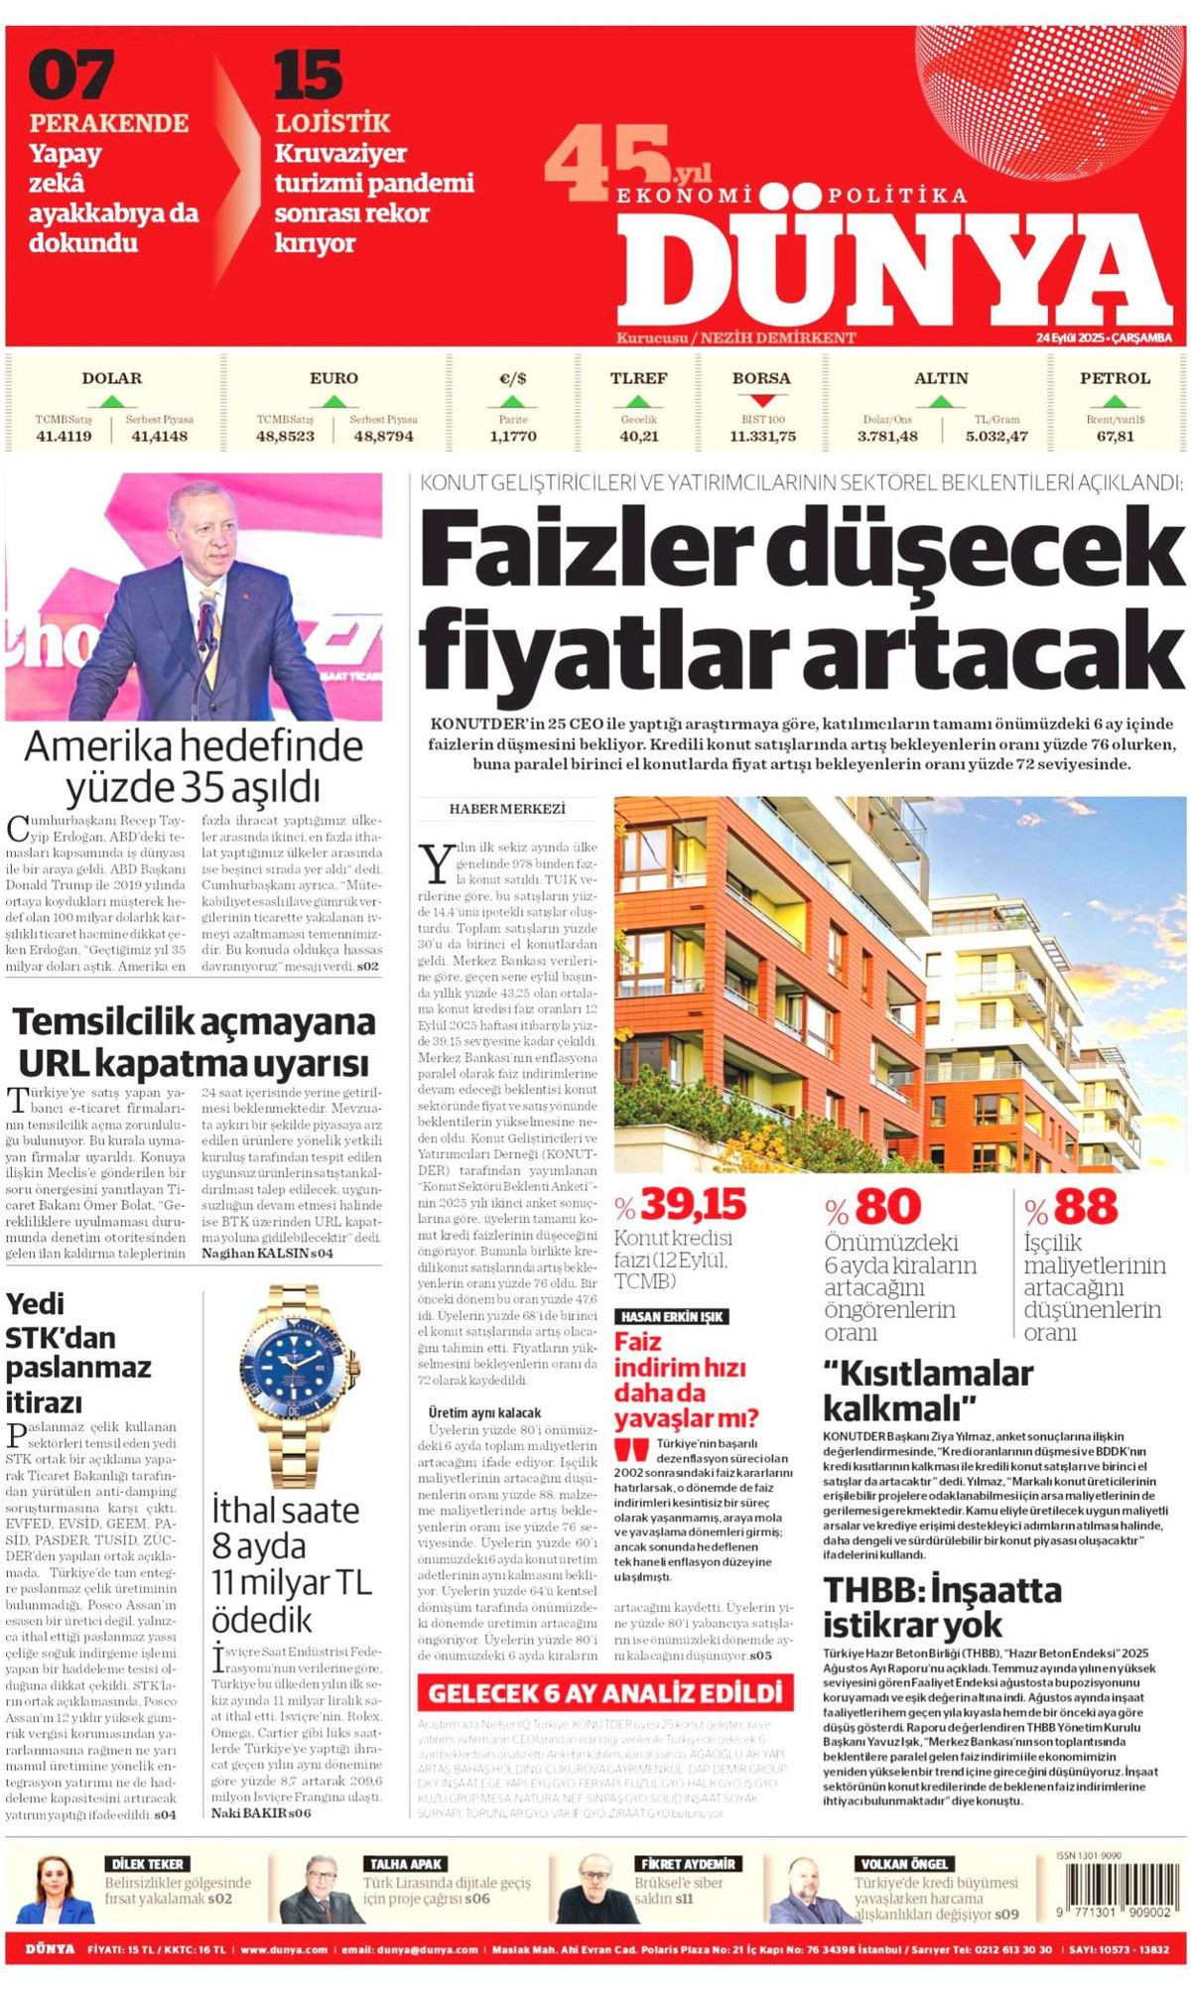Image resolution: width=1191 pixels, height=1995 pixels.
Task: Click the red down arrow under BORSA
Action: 761,401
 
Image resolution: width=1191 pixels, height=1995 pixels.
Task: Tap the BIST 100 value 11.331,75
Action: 762,436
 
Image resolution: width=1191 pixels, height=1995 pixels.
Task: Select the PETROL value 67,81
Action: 1115,436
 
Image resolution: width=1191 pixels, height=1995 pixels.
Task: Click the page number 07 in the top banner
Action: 70,75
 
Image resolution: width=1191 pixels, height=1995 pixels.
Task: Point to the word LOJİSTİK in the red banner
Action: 332,123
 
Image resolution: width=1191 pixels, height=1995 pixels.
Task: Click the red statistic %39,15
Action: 681,1206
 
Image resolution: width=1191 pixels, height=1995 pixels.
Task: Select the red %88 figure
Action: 1071,1208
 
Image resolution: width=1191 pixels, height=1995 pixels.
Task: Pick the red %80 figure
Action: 873,1208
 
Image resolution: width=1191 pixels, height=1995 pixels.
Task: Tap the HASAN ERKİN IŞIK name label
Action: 671,1316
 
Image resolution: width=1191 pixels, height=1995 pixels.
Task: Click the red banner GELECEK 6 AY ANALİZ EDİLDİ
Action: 604,1692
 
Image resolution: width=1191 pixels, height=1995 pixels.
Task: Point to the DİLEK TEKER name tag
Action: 149,1864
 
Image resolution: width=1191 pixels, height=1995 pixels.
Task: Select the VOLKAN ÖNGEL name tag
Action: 904,1864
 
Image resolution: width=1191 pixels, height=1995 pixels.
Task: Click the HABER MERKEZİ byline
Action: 507,809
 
